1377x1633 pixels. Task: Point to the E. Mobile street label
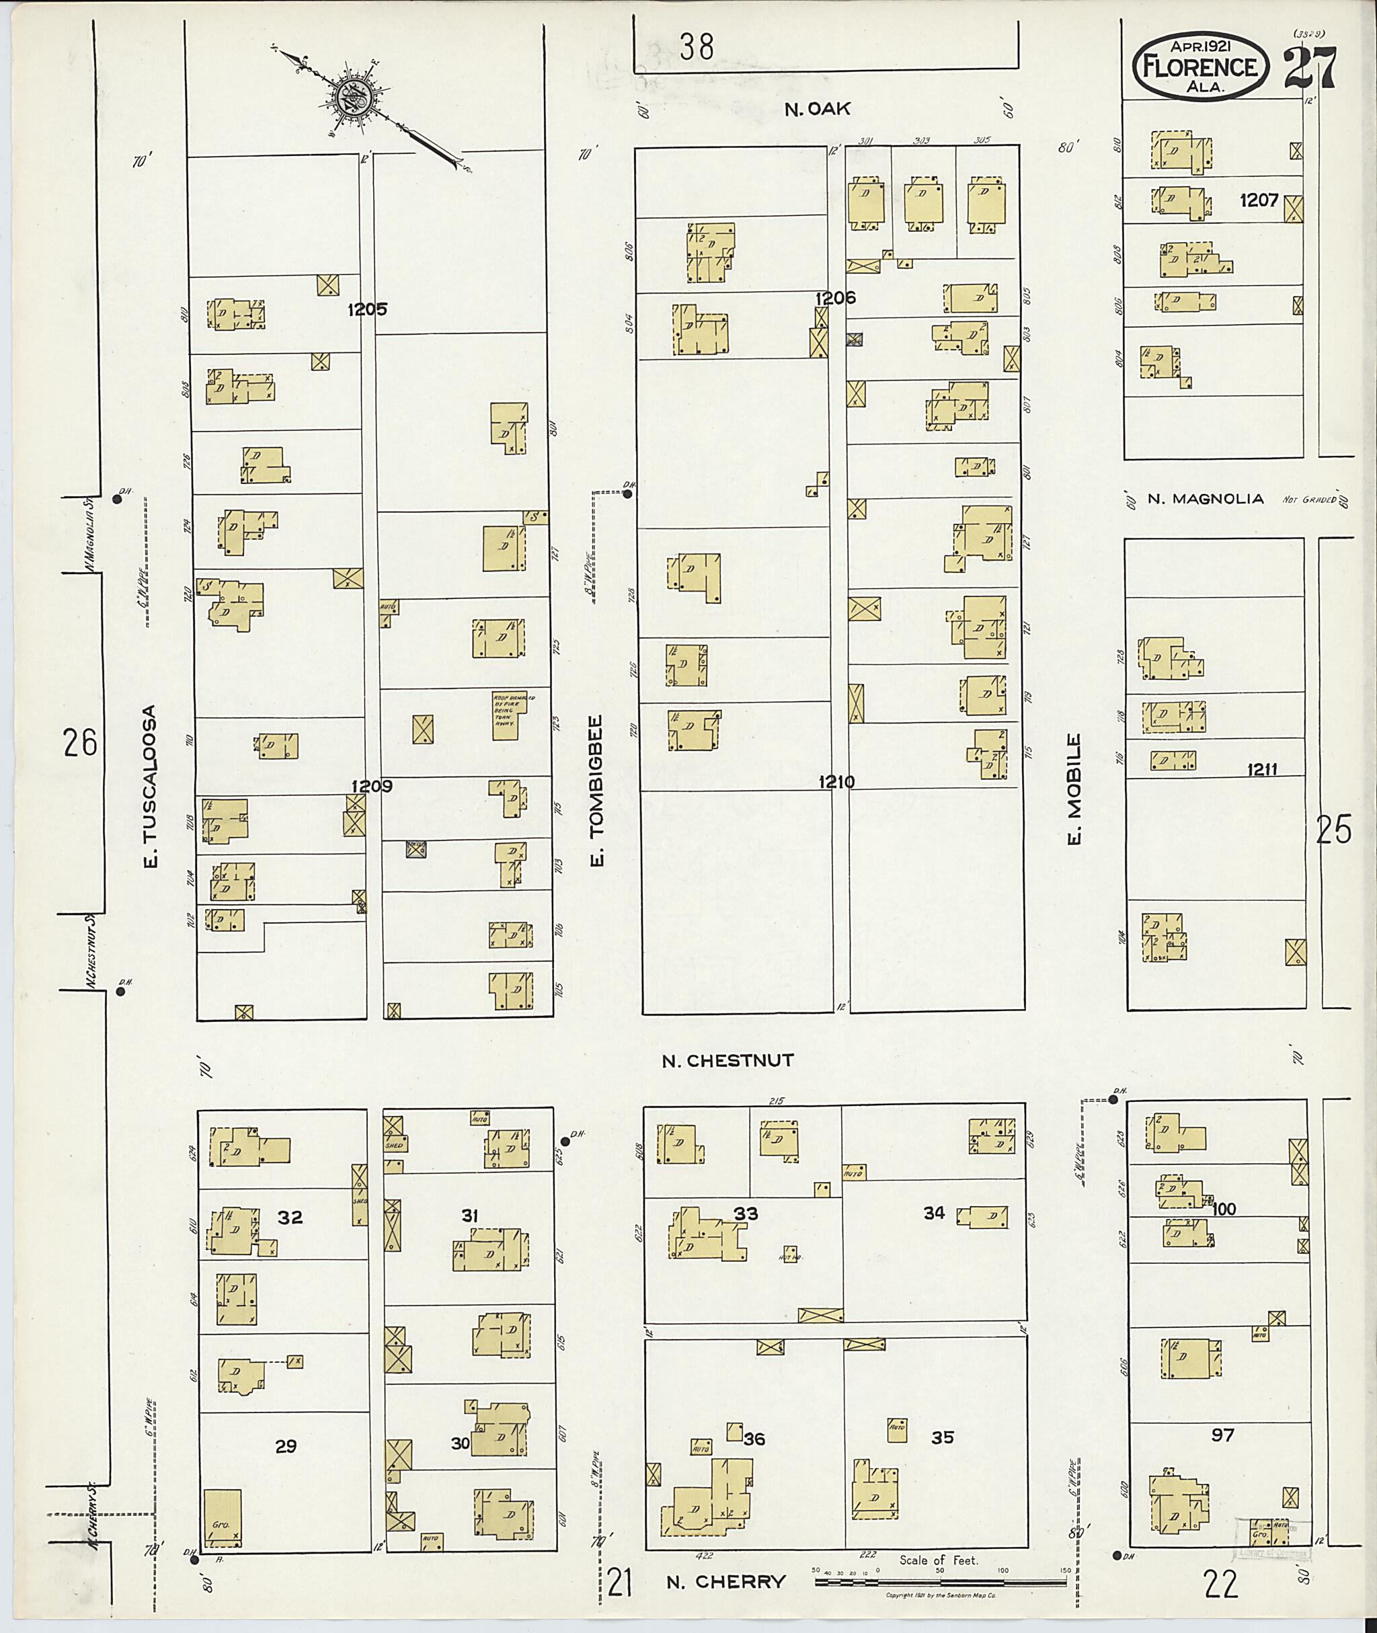click(1074, 789)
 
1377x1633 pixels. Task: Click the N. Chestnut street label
click(727, 1060)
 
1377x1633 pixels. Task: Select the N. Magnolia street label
click(1206, 499)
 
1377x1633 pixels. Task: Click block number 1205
click(367, 309)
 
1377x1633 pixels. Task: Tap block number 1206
click(835, 297)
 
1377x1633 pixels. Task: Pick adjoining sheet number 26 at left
click(81, 742)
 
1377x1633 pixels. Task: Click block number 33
click(746, 1213)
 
